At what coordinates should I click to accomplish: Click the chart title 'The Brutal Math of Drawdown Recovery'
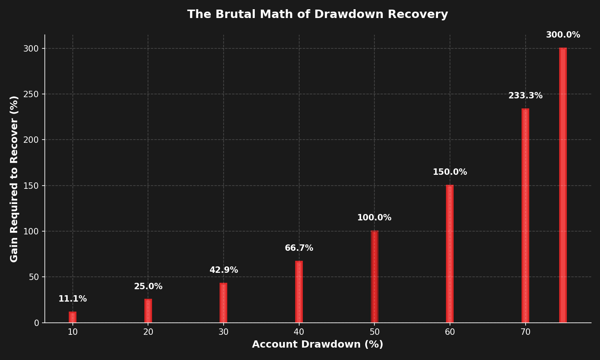318,14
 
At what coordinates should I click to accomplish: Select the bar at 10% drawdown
72,318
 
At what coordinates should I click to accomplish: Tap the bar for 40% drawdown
299,292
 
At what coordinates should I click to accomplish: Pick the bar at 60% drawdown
450,254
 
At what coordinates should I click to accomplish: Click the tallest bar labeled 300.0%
563,185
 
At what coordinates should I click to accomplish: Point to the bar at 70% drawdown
525,216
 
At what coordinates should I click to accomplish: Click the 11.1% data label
72,299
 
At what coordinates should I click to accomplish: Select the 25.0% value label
148,287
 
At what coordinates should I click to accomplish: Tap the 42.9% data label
224,270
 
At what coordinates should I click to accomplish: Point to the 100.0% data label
374,218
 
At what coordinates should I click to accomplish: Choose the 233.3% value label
525,96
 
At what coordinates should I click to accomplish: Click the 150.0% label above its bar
450,172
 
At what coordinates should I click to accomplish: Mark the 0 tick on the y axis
36,323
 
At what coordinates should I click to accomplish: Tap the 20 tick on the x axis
148,332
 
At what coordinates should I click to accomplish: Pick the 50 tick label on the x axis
374,332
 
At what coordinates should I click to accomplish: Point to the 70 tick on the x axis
525,332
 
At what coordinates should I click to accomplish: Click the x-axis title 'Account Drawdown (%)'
318,345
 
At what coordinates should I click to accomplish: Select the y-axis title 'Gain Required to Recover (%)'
14,179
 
